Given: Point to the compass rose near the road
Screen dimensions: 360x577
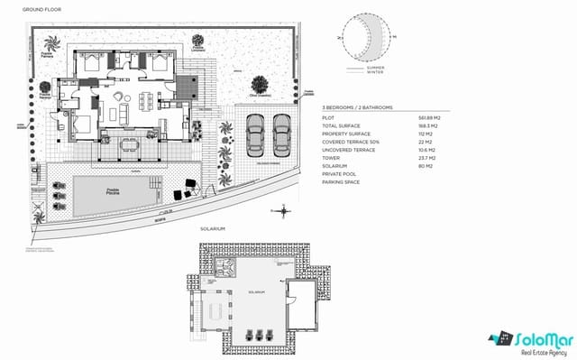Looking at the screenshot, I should [285, 211].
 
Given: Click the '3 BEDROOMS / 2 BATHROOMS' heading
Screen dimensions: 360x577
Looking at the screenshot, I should [358, 106].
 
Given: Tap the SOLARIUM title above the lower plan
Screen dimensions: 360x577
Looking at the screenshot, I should [212, 230].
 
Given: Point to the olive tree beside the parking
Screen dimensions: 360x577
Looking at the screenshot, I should [261, 83].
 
